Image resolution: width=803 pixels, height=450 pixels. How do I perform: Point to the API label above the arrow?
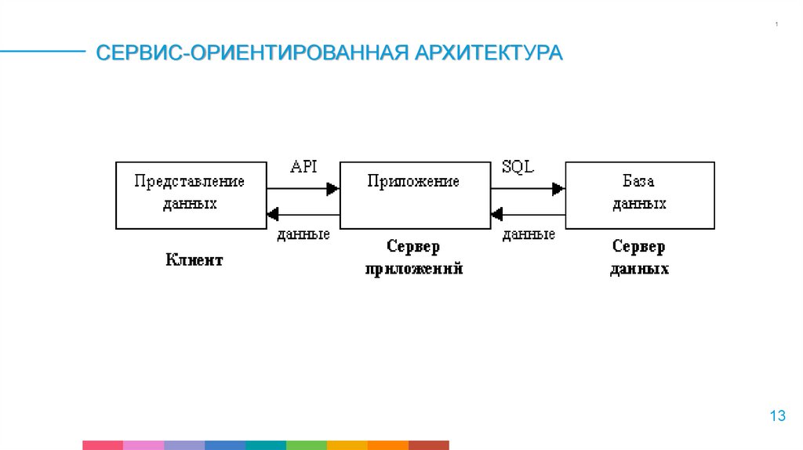point(303,167)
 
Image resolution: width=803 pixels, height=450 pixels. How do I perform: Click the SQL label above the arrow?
point(518,167)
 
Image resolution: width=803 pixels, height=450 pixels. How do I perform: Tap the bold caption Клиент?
point(194,260)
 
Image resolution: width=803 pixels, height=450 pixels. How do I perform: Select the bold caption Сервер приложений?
point(413,258)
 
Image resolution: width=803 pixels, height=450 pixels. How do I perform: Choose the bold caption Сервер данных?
point(639,258)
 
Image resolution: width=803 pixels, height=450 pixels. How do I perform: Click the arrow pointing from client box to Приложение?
point(303,188)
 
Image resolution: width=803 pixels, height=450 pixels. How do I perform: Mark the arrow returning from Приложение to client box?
point(303,213)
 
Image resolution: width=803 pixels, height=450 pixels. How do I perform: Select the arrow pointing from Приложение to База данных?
point(528,188)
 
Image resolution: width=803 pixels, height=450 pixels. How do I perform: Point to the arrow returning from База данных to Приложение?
point(528,213)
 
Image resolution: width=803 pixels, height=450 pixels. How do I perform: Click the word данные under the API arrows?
point(303,234)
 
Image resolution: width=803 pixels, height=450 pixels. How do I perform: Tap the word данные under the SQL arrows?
point(529,234)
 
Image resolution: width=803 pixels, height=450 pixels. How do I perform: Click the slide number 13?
point(777,416)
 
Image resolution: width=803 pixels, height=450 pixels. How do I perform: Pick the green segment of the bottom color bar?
point(307,445)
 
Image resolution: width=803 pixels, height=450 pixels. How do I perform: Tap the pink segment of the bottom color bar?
point(144,445)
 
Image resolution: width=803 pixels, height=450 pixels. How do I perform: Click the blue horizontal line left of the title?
point(43,52)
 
